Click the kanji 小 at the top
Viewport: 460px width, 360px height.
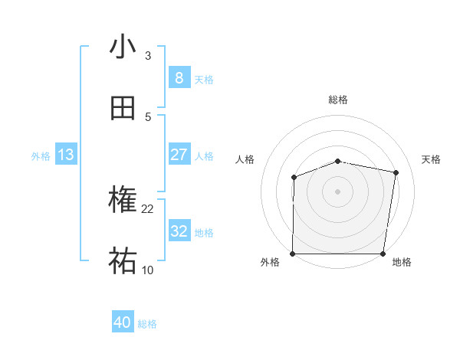tap(123, 47)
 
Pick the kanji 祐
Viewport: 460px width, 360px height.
tap(123, 261)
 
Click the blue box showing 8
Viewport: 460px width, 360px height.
tap(179, 78)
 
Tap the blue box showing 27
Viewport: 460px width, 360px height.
tap(179, 155)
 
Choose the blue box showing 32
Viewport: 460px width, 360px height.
tap(179, 231)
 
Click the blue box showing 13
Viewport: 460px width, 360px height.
tap(66, 155)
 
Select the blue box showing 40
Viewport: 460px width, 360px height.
tap(123, 322)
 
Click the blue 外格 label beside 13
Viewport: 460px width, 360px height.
tap(41, 156)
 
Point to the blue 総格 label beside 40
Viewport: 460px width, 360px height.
tap(147, 324)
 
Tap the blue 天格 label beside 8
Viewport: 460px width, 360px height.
tap(204, 80)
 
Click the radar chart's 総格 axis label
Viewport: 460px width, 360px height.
tap(338, 100)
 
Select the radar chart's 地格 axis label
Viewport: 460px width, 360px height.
tap(402, 263)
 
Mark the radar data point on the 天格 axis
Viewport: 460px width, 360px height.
tap(396, 172)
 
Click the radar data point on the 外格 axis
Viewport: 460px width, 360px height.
tap(293, 254)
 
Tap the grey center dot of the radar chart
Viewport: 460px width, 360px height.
tap(338, 191)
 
